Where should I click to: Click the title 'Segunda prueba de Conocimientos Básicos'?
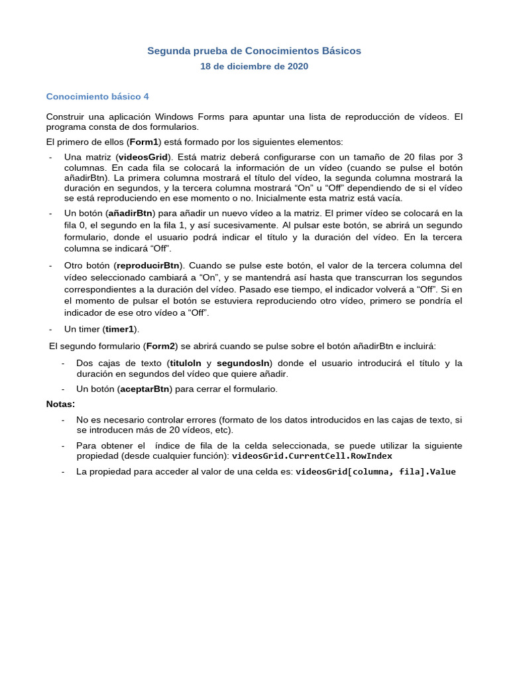(254, 51)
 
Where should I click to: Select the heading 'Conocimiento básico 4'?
(97, 97)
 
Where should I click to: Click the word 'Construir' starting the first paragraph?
(65, 117)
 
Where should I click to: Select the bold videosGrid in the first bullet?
(142, 157)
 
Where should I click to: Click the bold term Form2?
(160, 346)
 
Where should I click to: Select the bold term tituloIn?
(186, 363)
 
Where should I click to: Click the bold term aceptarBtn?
(144, 389)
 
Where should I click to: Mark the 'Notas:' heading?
(60, 404)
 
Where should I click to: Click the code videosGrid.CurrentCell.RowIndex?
(311, 456)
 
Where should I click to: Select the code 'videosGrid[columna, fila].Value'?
(375, 472)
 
